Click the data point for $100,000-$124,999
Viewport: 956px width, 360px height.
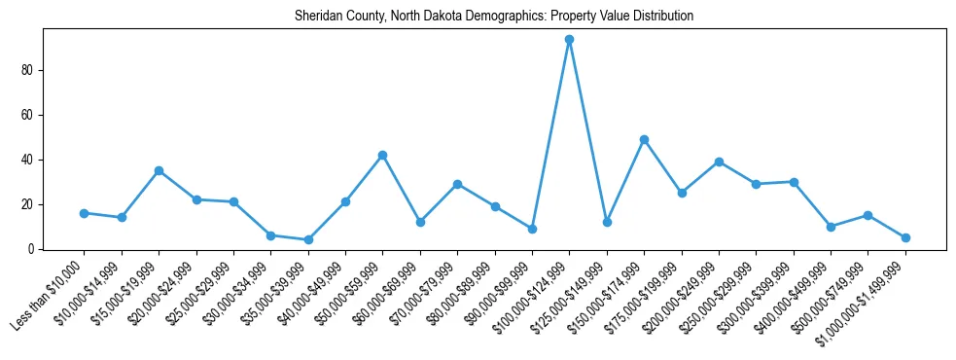coord(569,40)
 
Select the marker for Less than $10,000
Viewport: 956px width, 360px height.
coord(84,213)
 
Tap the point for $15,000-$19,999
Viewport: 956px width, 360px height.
coord(159,170)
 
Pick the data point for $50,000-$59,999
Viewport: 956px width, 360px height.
coord(382,155)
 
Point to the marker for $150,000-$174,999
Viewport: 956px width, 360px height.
coord(644,139)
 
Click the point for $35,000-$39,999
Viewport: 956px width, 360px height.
coord(308,239)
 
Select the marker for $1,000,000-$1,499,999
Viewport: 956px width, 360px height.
coord(905,237)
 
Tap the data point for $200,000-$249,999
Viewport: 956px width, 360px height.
coord(719,162)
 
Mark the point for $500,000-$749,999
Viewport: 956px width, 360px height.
coord(867,215)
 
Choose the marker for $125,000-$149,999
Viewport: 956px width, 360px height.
coord(607,222)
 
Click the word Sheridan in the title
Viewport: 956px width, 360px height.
coord(314,17)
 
